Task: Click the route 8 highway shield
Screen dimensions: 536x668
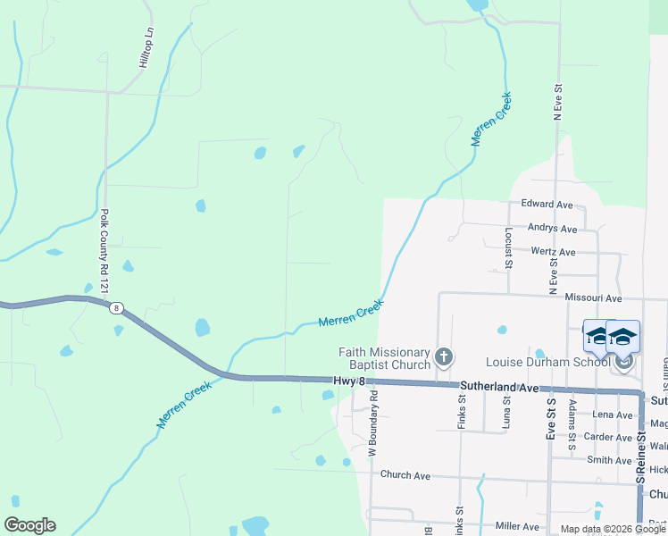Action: (x=116, y=309)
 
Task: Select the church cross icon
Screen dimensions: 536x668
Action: (x=443, y=359)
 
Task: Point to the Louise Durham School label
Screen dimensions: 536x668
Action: (x=548, y=362)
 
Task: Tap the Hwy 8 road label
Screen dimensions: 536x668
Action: (x=349, y=381)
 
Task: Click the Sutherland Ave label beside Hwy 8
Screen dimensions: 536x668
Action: (x=500, y=389)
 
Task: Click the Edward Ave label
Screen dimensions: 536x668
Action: (x=547, y=205)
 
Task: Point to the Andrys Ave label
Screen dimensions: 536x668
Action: (x=552, y=229)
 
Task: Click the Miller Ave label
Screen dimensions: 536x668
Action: (x=519, y=526)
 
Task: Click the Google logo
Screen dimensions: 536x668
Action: (x=29, y=525)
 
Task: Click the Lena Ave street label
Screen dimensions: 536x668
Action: (x=613, y=415)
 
